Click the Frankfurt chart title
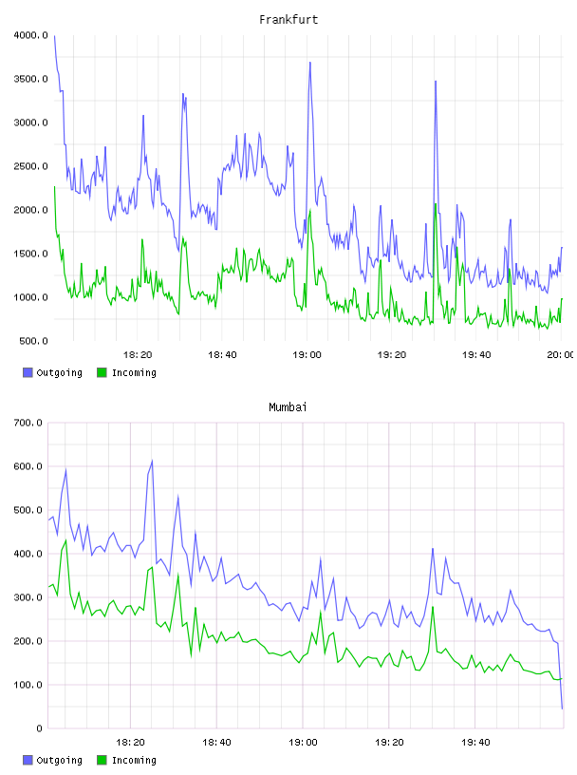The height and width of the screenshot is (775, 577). click(288, 19)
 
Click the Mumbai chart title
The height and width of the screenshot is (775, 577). click(288, 406)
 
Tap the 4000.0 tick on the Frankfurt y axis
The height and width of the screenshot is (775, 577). click(30, 35)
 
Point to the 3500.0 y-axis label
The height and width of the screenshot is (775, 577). click(30, 79)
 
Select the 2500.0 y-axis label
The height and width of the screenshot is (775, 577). click(30, 166)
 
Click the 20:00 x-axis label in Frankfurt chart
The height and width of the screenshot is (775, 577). click(561, 354)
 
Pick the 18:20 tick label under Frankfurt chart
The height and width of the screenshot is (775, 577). click(138, 354)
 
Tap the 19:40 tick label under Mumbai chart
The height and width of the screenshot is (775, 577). click(475, 742)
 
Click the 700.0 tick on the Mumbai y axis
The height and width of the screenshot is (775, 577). click(28, 423)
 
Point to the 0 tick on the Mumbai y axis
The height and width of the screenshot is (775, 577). click(39, 728)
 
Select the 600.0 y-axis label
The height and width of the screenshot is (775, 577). click(28, 466)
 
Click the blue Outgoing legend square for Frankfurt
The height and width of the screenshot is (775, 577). click(28, 372)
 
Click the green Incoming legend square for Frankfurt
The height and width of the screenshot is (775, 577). click(102, 372)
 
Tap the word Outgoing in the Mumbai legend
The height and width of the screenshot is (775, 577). click(59, 760)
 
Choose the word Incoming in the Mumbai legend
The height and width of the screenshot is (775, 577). click(134, 760)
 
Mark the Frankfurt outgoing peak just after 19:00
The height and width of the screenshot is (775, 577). click(309, 63)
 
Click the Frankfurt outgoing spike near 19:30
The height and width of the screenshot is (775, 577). click(436, 81)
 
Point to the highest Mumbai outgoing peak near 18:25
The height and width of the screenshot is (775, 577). click(152, 461)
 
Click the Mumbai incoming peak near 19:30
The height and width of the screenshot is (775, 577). click(433, 607)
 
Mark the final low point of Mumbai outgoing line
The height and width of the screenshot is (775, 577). click(562, 709)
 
